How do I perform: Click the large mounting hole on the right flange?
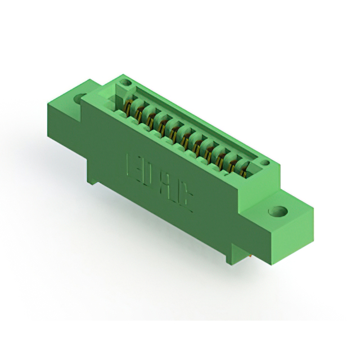[x=277, y=213]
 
